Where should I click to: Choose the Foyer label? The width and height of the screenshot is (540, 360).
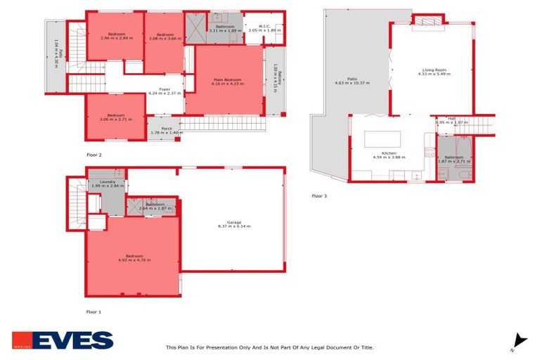point(165,89)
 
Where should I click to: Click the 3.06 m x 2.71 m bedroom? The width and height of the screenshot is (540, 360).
point(116,117)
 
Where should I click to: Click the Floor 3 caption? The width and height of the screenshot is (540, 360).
point(319,196)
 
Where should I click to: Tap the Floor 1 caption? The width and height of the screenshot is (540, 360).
point(94,311)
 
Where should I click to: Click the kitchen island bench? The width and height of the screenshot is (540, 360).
point(382,139)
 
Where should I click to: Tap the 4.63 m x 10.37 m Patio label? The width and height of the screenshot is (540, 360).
point(352,81)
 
